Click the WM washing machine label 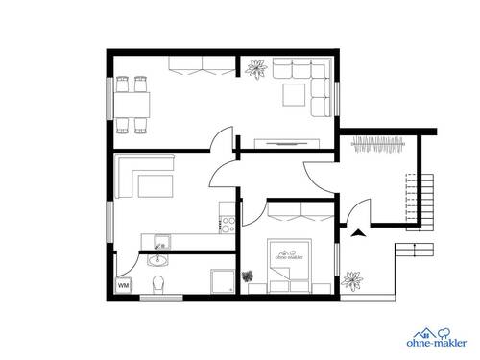coord(123,285)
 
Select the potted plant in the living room coord(255,68)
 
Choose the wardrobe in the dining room coord(196,65)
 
